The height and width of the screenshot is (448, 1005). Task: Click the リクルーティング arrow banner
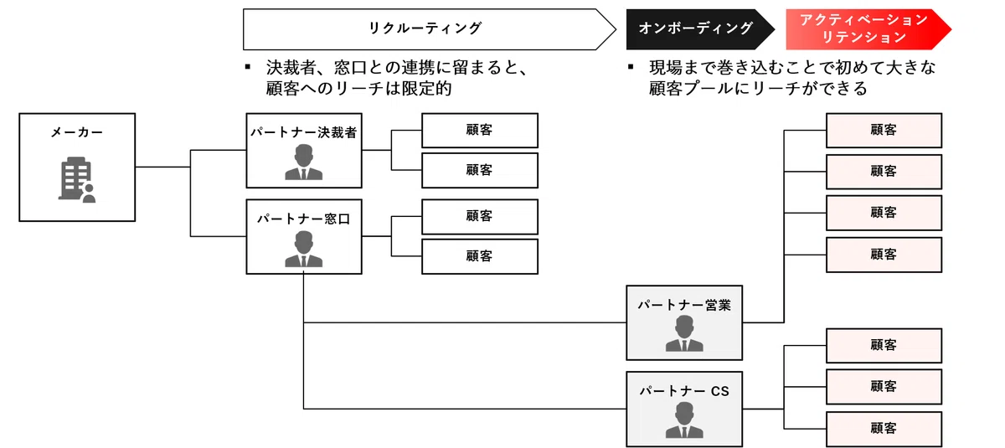click(430, 29)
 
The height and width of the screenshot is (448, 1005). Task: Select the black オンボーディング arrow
click(700, 29)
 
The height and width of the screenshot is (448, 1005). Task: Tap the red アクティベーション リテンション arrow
click(868, 29)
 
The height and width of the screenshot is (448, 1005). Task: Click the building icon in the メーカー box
click(77, 179)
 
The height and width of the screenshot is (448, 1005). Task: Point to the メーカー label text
click(77, 132)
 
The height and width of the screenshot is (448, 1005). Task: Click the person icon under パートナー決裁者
click(304, 162)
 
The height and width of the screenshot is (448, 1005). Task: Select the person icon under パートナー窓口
click(304, 249)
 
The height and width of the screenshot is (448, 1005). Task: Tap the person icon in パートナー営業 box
click(684, 333)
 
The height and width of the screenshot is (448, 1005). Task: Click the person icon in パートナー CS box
click(684, 420)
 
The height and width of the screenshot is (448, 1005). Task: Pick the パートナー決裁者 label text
click(304, 132)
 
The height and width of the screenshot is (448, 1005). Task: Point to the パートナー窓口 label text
click(304, 219)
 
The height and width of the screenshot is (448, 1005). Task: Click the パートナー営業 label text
click(684, 305)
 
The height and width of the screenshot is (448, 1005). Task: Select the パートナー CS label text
click(684, 391)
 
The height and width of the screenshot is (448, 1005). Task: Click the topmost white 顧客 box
click(480, 131)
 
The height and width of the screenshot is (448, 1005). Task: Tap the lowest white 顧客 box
click(480, 256)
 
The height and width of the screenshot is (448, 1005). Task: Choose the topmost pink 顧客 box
click(884, 131)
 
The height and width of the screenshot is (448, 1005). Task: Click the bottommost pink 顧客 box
click(884, 429)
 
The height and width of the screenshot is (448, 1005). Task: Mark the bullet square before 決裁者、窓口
click(248, 67)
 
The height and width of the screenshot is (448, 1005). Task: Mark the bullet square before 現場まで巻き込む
click(631, 67)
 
